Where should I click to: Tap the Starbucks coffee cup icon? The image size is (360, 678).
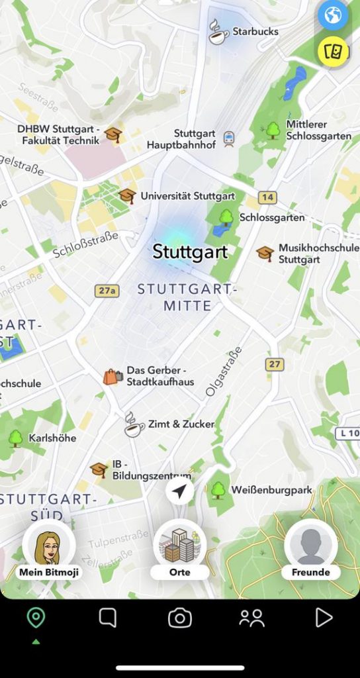point(218,32)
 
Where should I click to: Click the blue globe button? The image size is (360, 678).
point(332,15)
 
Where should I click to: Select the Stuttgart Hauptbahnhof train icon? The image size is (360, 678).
point(229,138)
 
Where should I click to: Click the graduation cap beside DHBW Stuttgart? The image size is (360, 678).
point(114,134)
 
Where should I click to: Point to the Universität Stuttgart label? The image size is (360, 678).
point(187,196)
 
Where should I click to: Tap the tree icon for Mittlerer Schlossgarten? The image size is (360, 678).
point(273,130)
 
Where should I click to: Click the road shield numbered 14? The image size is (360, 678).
point(267,197)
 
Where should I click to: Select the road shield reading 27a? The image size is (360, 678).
point(106,290)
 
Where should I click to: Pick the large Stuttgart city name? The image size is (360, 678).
point(190,252)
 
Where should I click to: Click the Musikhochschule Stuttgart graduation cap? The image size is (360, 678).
point(265,253)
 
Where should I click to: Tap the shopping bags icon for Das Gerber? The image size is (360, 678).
point(112,377)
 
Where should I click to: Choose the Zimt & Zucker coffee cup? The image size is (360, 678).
point(134,424)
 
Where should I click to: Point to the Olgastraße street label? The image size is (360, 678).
point(224,371)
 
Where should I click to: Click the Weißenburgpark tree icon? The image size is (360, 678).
point(218,490)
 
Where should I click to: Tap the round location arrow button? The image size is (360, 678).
point(180,491)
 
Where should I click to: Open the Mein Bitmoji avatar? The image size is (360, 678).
point(49,546)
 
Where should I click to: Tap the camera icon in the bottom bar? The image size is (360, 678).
point(179,618)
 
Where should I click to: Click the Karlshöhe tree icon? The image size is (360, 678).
point(15,438)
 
